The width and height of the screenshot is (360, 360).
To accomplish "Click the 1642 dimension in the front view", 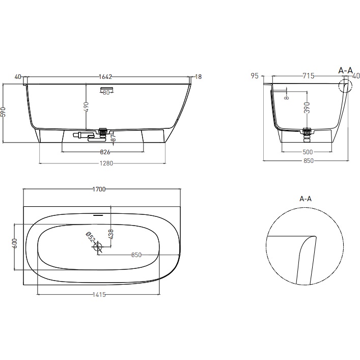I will pos(105,77).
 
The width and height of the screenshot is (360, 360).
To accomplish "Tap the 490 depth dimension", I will pos(87,106).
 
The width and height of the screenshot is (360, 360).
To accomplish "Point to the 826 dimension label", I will pos(104,152).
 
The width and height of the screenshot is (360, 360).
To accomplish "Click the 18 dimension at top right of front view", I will pos(199,77).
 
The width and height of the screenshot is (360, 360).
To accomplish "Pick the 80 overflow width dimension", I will pos(106,92).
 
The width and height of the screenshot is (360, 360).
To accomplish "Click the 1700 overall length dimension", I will pos(99,189).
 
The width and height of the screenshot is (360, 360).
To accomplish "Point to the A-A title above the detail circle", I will pos(306,199).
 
